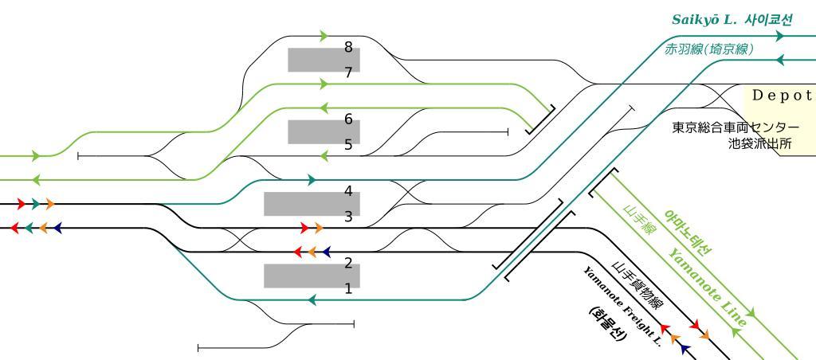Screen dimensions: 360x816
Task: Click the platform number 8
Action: point(348,47)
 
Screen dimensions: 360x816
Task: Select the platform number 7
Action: point(348,72)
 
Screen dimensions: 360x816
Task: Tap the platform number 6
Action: point(348,119)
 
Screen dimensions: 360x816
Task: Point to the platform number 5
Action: point(348,145)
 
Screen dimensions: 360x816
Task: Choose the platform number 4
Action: point(348,190)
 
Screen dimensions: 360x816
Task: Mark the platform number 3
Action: point(348,217)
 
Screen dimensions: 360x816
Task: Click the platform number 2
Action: point(348,263)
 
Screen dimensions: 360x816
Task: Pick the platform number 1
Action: point(348,289)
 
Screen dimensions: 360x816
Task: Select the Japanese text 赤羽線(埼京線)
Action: point(709,49)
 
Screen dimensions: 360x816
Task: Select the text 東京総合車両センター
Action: point(735,127)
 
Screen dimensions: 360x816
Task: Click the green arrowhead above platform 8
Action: point(324,36)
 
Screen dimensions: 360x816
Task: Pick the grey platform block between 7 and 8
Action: point(324,60)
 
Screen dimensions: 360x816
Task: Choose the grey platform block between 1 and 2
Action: point(312,276)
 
